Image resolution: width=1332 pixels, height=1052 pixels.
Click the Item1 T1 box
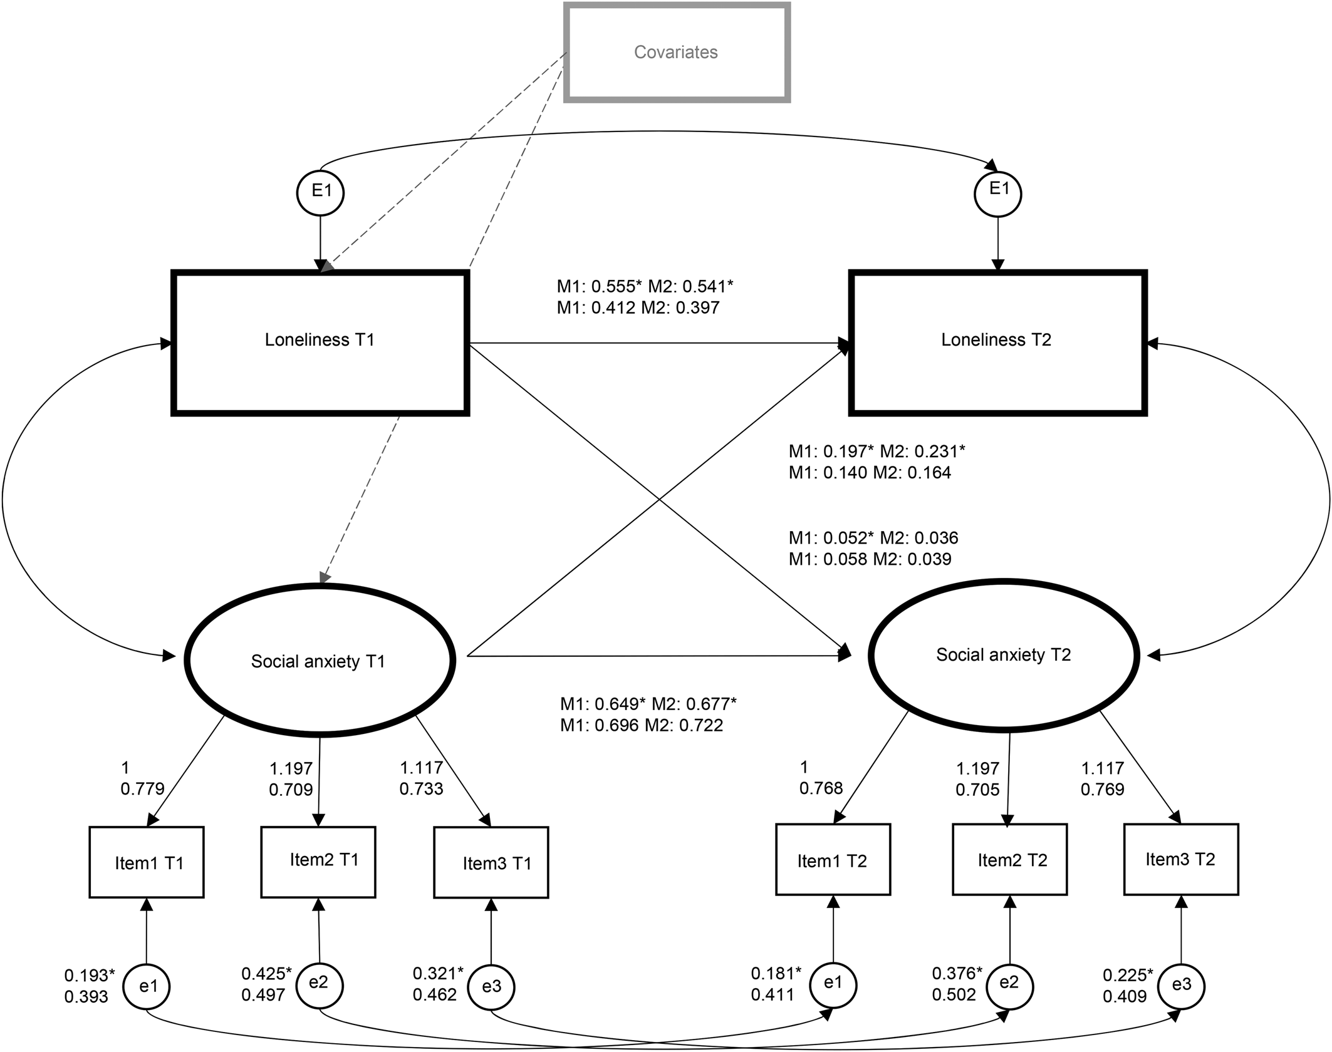147,862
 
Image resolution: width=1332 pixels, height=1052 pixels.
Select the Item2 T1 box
318,862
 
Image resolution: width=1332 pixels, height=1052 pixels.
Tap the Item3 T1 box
491,862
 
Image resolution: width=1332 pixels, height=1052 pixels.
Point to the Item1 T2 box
833,859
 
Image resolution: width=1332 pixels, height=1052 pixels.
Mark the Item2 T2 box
1010,859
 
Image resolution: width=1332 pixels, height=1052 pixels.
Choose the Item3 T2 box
1181,859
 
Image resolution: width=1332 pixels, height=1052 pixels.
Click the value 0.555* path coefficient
617,286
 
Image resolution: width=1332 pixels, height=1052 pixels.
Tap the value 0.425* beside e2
267,974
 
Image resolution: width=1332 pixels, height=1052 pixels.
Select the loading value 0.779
142,788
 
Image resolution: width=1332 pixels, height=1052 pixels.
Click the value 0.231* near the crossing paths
939,451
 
